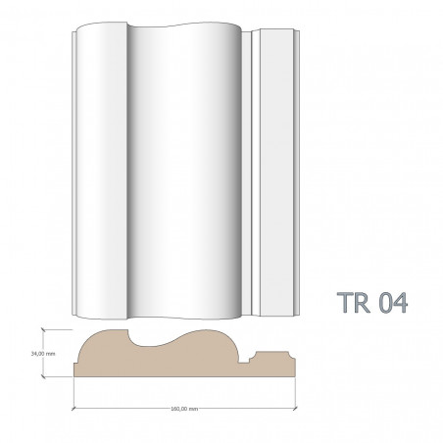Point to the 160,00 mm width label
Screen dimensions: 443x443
(184, 408)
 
